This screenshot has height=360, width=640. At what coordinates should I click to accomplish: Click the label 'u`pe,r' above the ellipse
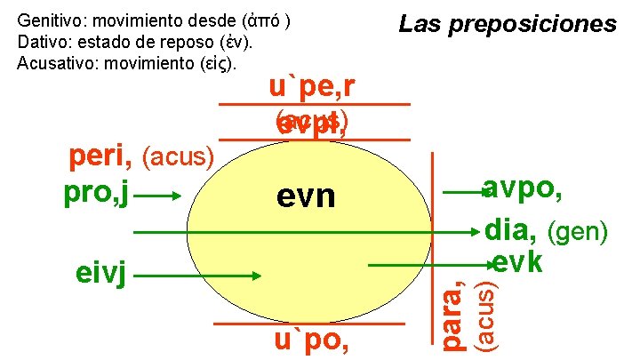pos(314,88)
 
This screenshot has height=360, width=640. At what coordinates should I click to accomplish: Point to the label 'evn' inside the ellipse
pos(305,196)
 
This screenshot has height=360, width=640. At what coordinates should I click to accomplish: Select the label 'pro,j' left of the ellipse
pos(98,193)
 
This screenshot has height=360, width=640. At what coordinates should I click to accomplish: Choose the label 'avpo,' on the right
pos(521,189)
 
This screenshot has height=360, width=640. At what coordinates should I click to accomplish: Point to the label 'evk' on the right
pos(516,263)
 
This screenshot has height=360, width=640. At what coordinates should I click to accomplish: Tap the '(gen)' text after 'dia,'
pos(577,233)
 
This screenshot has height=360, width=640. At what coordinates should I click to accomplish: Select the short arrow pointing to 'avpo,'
pos(461,192)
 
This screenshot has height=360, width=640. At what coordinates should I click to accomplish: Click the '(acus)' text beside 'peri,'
pos(178,159)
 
